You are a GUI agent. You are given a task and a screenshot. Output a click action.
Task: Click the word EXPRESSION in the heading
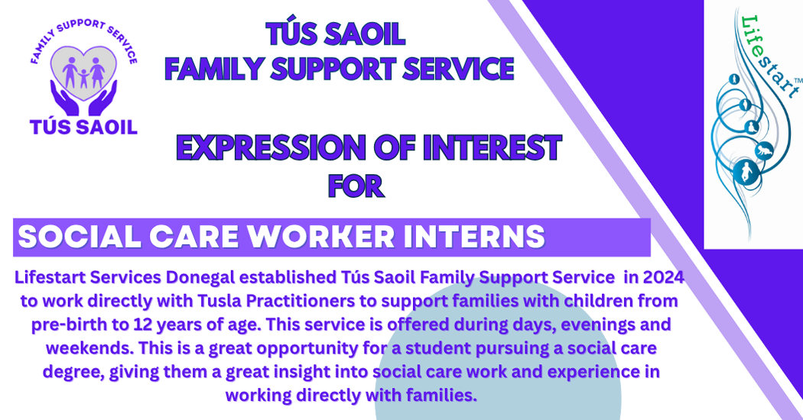tap(271, 148)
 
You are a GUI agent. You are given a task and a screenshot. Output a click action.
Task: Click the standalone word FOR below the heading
tap(356, 186)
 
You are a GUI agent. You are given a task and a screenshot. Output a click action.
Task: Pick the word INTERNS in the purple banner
tap(474, 237)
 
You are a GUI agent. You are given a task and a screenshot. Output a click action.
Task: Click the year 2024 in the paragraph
tap(663, 277)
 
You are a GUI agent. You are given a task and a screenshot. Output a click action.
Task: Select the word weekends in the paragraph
tap(90, 348)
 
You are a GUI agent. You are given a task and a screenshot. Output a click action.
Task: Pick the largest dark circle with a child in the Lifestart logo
tap(746, 171)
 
